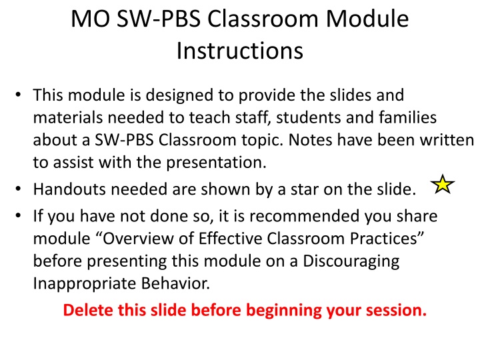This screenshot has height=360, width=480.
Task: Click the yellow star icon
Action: [441, 184]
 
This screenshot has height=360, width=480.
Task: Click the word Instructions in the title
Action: [240, 50]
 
